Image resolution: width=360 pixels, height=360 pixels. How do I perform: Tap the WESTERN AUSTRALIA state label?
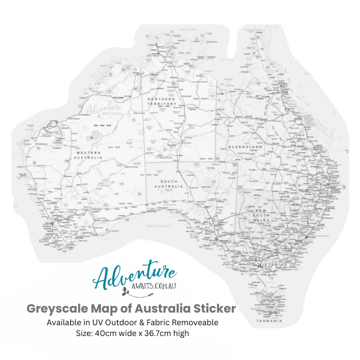pyautogui.click(x=88, y=154)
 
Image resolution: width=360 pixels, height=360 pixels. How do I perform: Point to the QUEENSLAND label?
pyautogui.click(x=245, y=147)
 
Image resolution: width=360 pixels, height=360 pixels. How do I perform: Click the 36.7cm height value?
pyautogui.click(x=161, y=334)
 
